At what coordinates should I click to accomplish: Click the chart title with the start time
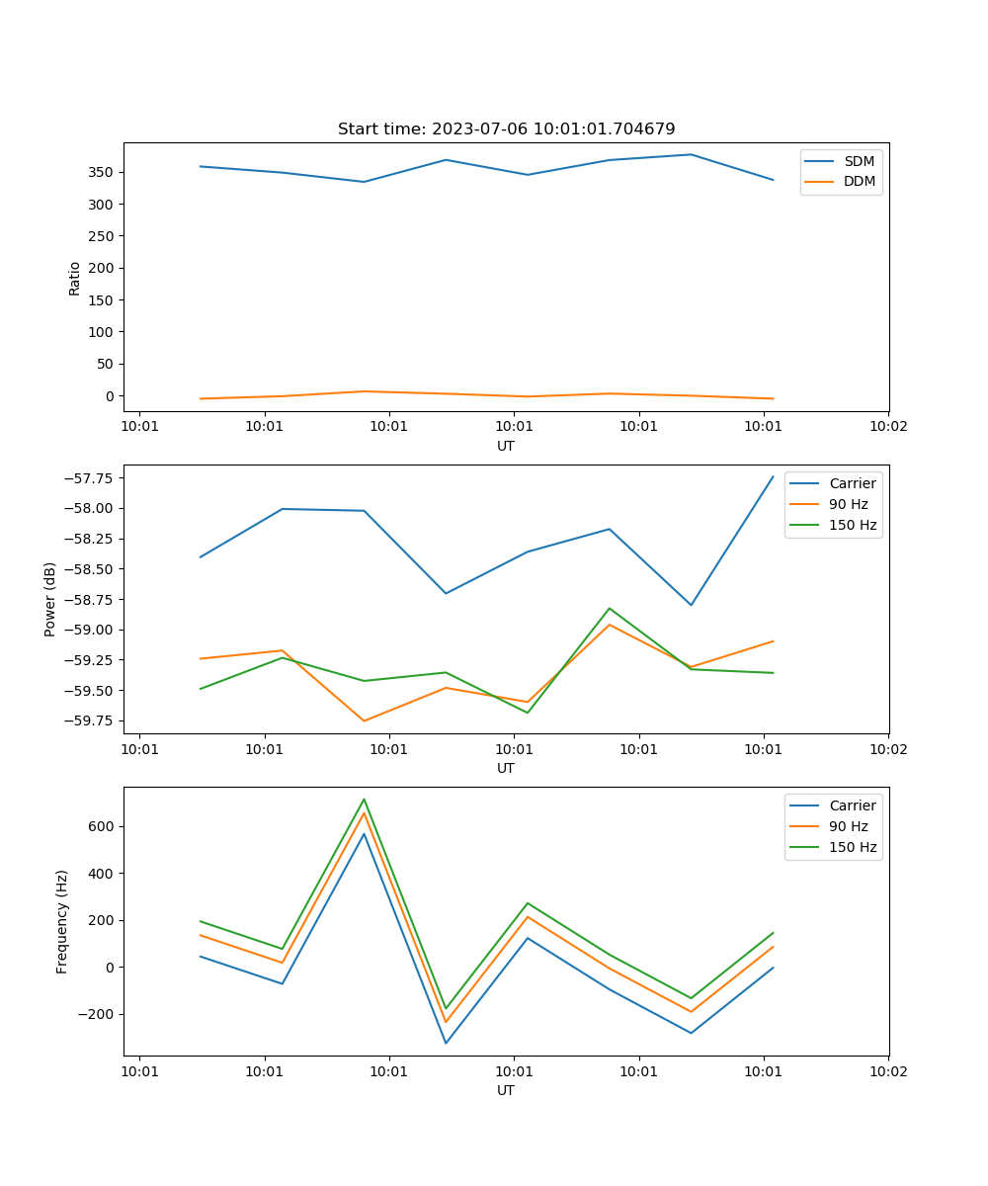[x=506, y=129]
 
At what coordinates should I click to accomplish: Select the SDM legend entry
[x=859, y=161]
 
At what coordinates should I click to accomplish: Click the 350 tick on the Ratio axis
[x=104, y=173]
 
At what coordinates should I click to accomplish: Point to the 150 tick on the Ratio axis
[x=104, y=300]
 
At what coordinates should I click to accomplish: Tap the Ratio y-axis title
[x=75, y=278]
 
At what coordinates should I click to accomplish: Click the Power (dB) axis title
[x=50, y=599]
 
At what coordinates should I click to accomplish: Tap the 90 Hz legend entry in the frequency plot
[x=848, y=826]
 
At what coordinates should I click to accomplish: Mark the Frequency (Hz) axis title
[x=62, y=921]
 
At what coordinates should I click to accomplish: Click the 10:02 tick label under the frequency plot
[x=887, y=1070]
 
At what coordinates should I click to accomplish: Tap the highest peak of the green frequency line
[x=364, y=800]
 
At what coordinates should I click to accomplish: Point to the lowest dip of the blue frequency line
[x=446, y=1043]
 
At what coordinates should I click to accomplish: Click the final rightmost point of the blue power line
[x=773, y=477]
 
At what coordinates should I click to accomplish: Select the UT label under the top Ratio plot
[x=506, y=446]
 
